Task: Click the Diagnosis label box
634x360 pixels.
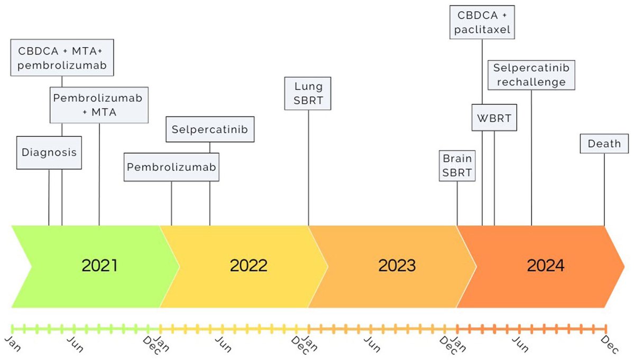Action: point(49,153)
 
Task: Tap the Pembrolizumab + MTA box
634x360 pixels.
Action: point(99,105)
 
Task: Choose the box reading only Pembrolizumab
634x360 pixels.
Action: point(171,167)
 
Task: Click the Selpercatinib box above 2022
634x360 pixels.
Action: point(210,130)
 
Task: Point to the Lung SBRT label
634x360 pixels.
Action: point(308,93)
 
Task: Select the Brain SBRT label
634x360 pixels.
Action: point(457,165)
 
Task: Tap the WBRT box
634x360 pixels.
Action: point(494,118)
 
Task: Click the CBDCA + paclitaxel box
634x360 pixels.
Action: point(482,22)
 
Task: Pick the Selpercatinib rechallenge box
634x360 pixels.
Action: point(531,75)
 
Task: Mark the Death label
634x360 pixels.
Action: point(604,144)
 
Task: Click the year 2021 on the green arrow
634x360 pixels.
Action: point(99,265)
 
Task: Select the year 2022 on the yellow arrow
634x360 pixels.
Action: point(249,265)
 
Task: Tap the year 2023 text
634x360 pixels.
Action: point(397,265)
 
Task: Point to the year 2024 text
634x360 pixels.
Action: point(545,265)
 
